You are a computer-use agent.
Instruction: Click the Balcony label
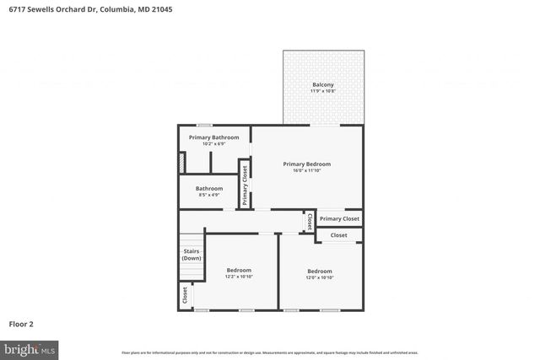tap(322, 84)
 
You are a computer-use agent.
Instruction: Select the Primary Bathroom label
tap(213, 137)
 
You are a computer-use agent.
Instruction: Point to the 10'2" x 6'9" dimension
tap(213, 144)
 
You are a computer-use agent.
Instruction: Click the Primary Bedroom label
tap(306, 164)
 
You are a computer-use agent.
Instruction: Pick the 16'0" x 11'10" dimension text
tap(306, 170)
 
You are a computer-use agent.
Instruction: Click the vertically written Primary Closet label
tap(245, 185)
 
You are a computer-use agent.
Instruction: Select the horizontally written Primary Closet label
tap(339, 218)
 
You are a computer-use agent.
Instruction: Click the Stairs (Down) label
tap(192, 254)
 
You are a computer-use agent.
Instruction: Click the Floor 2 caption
tap(21, 323)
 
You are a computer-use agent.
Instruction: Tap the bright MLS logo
tap(30, 348)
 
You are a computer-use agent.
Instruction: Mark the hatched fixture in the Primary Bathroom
tap(181, 162)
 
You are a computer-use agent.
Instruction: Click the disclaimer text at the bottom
tap(269, 352)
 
